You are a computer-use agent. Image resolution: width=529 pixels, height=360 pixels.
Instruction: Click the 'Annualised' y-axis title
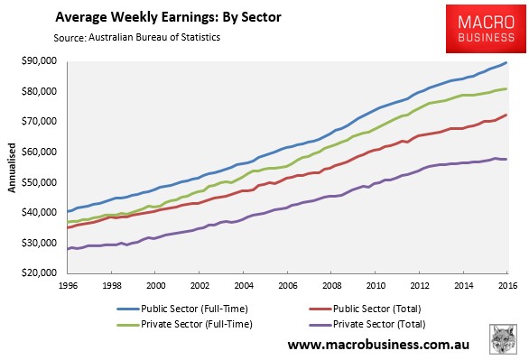pos(12,167)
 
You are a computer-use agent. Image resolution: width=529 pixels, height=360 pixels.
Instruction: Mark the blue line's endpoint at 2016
pos(506,62)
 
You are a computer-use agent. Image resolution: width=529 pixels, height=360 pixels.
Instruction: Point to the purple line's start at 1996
pos(67,249)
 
